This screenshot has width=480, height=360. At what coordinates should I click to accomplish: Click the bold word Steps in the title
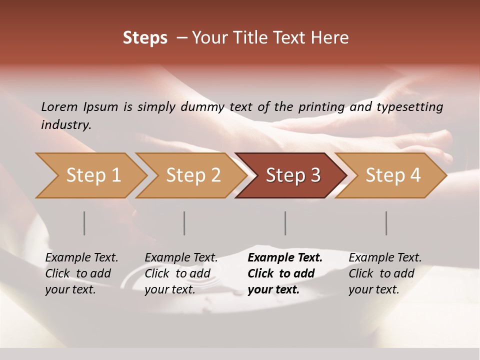145,38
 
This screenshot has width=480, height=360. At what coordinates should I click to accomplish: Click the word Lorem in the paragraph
59,106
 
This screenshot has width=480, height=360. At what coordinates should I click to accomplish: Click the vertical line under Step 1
84,223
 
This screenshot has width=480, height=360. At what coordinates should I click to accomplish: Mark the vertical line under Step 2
184,223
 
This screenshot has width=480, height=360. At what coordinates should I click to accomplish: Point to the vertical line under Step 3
285,223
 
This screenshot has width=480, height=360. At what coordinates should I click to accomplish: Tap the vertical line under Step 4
386,223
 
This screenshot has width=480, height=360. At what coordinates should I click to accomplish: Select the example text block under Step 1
81,273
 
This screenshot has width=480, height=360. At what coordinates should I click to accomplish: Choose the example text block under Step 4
385,273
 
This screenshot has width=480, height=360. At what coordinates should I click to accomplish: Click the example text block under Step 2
181,273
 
